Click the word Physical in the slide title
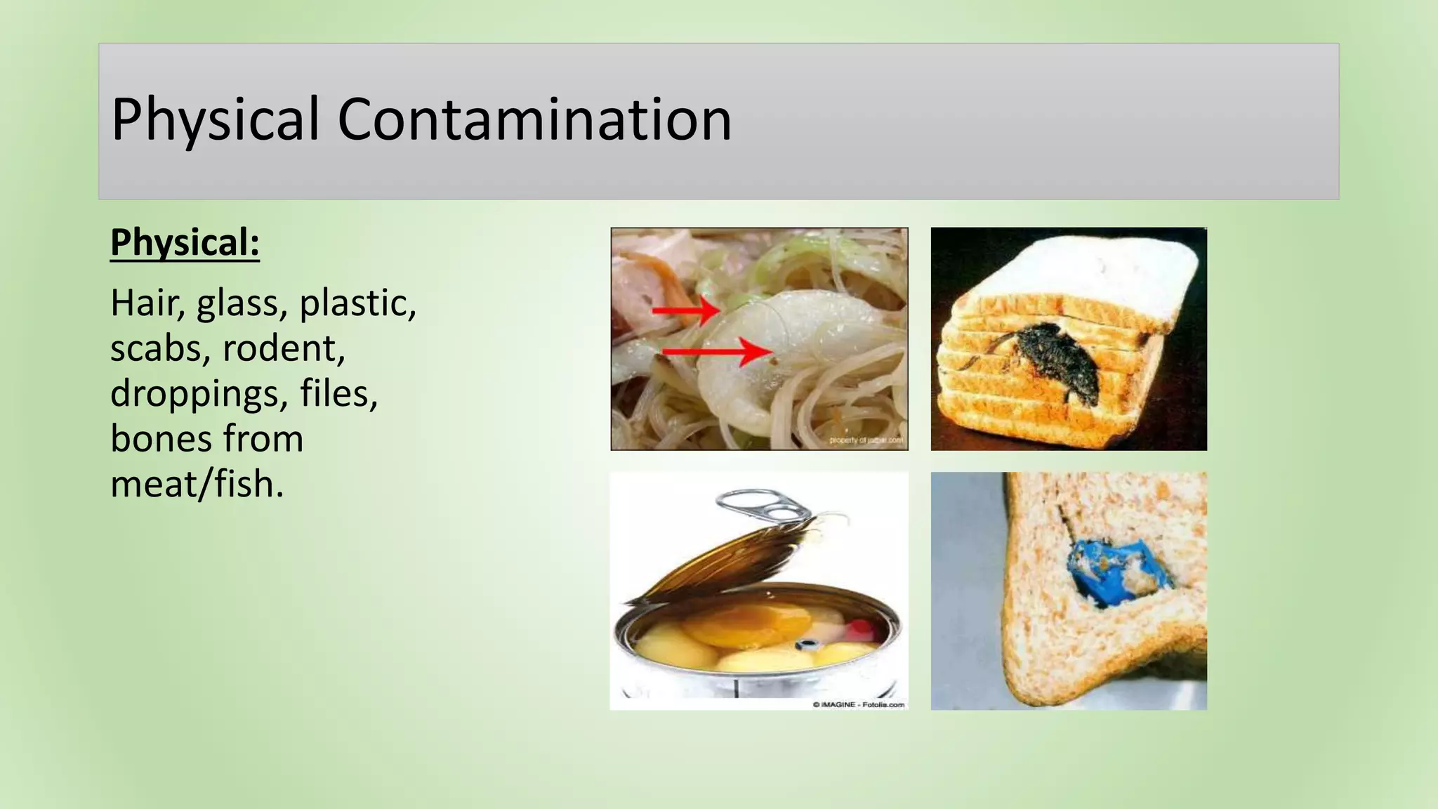(x=215, y=119)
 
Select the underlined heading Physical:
(x=185, y=243)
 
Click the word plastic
(x=357, y=303)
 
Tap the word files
(x=338, y=393)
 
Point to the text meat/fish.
(x=197, y=484)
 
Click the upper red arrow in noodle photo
(x=685, y=310)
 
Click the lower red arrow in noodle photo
(x=716, y=351)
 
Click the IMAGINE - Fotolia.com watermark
(x=858, y=704)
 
